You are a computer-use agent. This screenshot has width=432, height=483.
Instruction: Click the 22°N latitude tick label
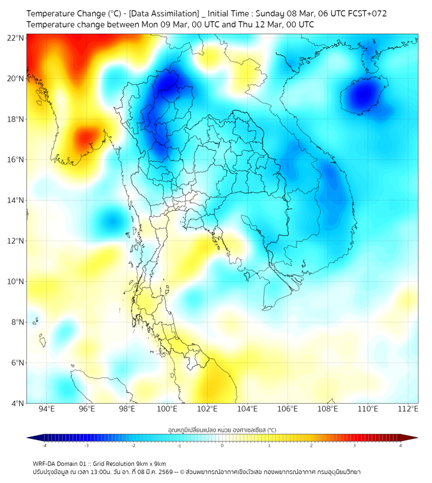(x=16, y=38)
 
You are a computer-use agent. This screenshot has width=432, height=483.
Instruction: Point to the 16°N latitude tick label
(x=16, y=160)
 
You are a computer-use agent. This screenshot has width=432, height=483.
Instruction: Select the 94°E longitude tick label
(x=47, y=409)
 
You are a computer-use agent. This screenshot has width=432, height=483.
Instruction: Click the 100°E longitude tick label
(x=167, y=409)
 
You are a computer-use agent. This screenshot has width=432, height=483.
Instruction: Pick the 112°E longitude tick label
(x=408, y=409)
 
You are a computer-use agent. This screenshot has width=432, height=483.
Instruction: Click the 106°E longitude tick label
(x=288, y=409)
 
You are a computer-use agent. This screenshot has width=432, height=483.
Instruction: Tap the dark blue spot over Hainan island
(x=364, y=95)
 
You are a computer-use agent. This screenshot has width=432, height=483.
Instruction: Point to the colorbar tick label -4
(x=43, y=445)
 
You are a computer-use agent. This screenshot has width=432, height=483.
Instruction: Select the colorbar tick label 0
(x=222, y=445)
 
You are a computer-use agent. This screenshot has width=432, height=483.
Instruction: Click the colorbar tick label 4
(x=401, y=445)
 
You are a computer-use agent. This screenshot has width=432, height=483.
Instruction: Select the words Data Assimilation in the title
(x=164, y=13)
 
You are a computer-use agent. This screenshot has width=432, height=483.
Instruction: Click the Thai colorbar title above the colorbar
(x=222, y=430)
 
